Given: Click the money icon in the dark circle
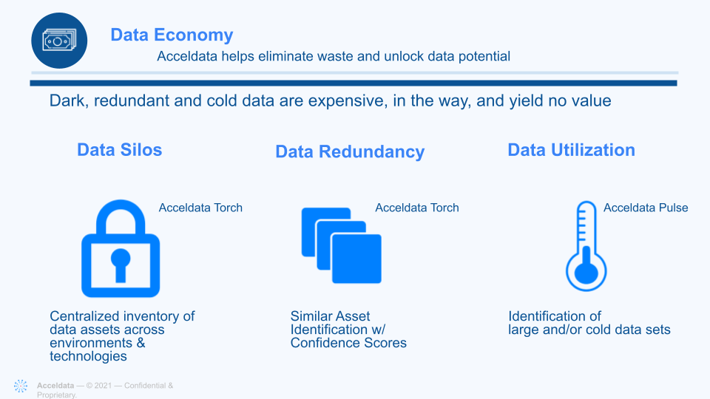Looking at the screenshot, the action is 59,41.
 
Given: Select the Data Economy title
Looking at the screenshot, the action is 172,35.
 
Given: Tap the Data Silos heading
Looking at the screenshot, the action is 120,150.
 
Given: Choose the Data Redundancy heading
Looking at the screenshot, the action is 350,152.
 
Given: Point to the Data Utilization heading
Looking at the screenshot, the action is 572,150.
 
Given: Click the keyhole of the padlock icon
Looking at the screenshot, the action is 121,265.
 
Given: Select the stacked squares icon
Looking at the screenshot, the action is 342,245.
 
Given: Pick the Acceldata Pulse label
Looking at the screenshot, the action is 646,208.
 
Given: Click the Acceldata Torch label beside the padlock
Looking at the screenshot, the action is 200,208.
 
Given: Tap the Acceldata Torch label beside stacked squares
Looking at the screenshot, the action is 417,208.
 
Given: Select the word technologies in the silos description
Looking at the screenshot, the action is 88,356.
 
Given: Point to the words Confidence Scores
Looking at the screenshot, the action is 348,343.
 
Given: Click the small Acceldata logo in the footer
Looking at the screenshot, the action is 21,386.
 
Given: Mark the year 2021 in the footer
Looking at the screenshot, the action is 103,386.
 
